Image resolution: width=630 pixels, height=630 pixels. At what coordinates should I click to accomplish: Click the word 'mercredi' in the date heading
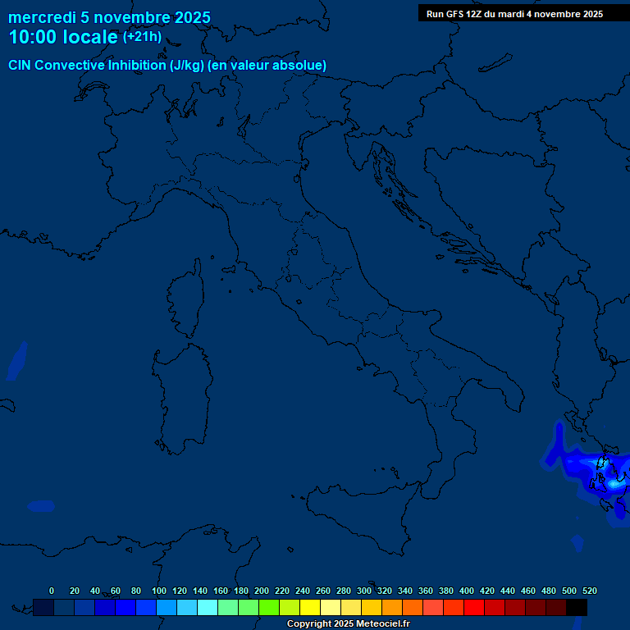[x=42, y=18]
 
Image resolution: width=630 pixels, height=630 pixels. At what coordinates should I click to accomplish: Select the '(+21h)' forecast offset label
[x=142, y=37]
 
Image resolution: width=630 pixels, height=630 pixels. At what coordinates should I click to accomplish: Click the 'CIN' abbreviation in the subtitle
[x=22, y=66]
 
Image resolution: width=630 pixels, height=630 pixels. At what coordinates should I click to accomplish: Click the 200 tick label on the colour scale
[x=262, y=591]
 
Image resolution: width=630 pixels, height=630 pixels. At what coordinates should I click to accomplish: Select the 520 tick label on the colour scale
[x=589, y=591]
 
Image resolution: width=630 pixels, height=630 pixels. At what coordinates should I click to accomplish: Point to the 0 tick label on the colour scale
[x=52, y=591]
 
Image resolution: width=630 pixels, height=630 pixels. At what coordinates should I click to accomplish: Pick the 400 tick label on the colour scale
[x=467, y=591]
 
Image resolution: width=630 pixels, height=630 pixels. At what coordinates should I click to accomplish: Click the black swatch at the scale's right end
[x=577, y=607]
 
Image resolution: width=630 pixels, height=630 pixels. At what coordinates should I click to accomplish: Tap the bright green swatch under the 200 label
[x=269, y=607]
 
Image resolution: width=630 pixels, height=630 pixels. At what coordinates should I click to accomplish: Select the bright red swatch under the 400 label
[x=474, y=607]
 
